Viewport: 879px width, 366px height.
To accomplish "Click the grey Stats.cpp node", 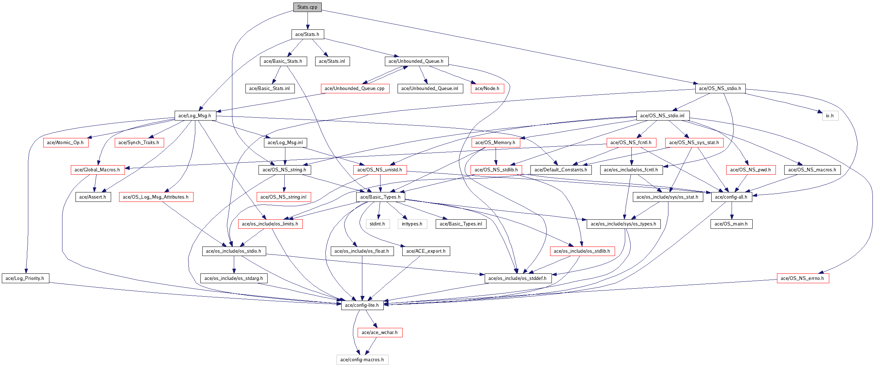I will coord(307,7).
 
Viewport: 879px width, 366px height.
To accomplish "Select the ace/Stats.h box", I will coord(307,34).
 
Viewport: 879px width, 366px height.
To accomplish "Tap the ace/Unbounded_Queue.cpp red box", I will coord(355,89).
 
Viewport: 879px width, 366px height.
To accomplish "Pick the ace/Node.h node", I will coord(487,89).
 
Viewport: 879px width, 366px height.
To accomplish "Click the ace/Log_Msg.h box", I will coord(195,116).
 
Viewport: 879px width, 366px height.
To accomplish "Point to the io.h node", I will coord(830,116).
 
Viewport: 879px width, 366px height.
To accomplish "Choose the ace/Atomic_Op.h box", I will coord(65,143).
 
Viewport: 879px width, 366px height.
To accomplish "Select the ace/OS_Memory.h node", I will coord(495,143).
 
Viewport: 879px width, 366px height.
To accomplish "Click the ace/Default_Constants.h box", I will coord(561,170).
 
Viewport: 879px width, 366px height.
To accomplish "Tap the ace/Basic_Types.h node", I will coord(380,197).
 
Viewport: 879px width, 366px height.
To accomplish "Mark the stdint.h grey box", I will coord(377,224).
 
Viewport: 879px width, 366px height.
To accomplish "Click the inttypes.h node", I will coord(412,224).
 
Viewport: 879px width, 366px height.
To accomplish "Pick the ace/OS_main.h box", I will coord(731,224).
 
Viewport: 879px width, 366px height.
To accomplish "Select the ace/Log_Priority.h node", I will coord(25,278).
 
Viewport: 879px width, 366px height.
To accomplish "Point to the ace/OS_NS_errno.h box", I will coord(802,278).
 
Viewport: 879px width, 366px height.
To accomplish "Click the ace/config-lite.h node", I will coord(362,305).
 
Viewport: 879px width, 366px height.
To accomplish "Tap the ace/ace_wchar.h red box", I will coord(380,333).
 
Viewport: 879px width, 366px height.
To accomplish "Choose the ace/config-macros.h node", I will coord(362,360).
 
